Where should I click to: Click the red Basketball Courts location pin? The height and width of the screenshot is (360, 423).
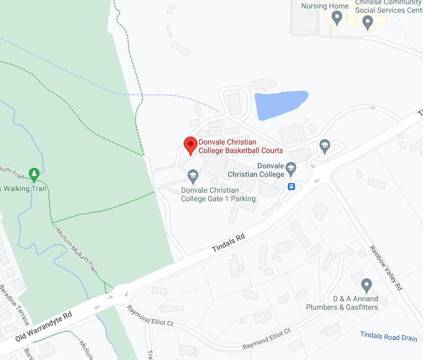pyautogui.click(x=191, y=144)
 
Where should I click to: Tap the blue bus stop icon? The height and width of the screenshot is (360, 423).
pyautogui.click(x=291, y=186)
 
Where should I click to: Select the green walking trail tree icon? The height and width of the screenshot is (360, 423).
pyautogui.click(x=34, y=173)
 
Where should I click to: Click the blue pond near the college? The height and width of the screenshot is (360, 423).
pyautogui.click(x=280, y=104)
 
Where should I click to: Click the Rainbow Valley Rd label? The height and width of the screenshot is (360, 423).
pyautogui.click(x=386, y=267)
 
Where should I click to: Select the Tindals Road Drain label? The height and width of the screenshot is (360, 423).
pyautogui.click(x=389, y=336)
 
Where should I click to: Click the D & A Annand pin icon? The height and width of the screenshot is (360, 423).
pyautogui.click(x=367, y=286)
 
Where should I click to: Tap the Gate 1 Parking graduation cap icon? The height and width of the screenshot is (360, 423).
pyautogui.click(x=193, y=175)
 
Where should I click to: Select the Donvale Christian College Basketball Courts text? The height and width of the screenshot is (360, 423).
pyautogui.click(x=240, y=146)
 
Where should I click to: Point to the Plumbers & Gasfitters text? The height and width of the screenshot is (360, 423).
pyautogui.click(x=342, y=307)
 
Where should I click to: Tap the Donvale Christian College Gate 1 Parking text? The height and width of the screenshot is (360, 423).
pyautogui.click(x=218, y=194)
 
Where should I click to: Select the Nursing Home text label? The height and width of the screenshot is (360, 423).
pyautogui.click(x=325, y=6)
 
